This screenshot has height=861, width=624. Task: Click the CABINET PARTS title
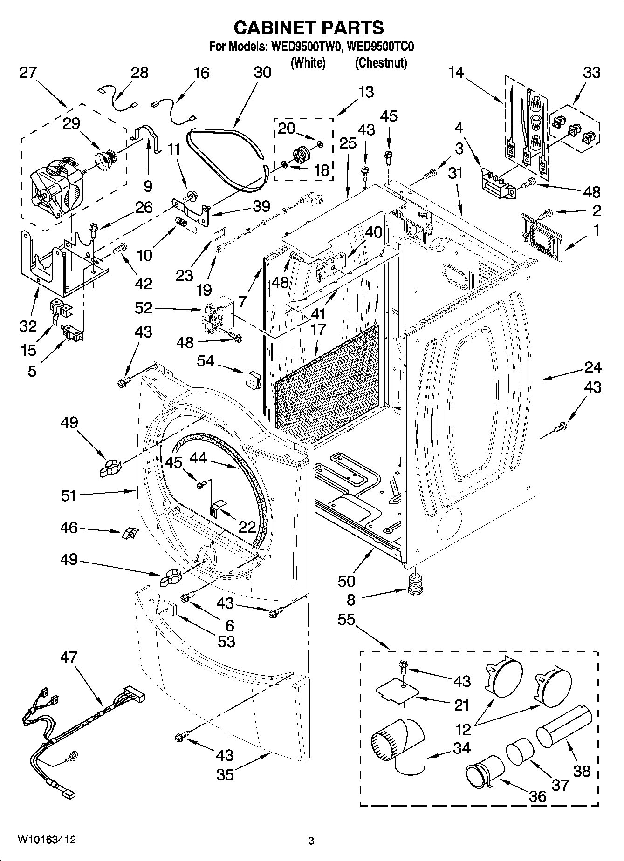309,28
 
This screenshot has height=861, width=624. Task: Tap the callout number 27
28,73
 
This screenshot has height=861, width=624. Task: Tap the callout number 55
346,620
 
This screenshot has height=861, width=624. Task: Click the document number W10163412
47,840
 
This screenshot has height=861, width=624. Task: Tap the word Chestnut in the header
381,63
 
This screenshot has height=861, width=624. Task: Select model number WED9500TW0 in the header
305,47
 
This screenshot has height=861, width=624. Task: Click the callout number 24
592,368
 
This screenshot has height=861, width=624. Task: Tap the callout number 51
69,495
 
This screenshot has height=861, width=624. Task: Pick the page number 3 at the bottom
311,841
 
